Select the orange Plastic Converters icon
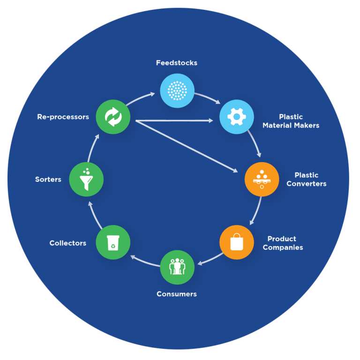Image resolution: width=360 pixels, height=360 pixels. click(x=262, y=179)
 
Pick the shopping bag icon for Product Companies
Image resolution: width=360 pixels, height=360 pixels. click(x=237, y=242)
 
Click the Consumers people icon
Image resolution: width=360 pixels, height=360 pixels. click(x=177, y=268)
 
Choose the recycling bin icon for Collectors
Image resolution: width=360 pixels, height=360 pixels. click(x=113, y=242)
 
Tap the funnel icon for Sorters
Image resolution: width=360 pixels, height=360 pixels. click(x=86, y=179)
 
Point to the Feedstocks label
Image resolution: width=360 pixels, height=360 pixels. click(x=177, y=63)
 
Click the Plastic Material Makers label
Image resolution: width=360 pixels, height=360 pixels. click(x=291, y=121)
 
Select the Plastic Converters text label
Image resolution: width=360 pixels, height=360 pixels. click(x=307, y=180)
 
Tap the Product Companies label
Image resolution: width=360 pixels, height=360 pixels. click(x=283, y=243)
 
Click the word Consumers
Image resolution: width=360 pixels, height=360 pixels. click(x=177, y=294)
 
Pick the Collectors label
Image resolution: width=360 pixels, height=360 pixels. click(x=68, y=243)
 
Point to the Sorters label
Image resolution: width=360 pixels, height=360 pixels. click(x=48, y=179)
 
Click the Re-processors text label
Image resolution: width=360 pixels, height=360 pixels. click(x=63, y=117)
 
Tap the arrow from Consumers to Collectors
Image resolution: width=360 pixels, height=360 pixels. click(x=145, y=262)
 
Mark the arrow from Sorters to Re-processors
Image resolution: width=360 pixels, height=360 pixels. click(x=92, y=148)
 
